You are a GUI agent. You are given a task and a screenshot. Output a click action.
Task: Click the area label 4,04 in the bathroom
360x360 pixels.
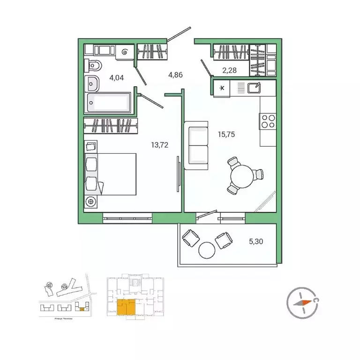point(116,78)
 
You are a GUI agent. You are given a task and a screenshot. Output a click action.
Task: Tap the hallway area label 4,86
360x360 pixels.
point(177,74)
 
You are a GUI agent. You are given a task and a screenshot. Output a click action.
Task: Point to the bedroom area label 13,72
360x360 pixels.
point(160,145)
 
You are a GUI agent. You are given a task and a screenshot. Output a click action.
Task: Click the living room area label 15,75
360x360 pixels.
point(226,134)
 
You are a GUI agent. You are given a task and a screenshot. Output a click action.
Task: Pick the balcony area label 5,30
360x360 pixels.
point(256,242)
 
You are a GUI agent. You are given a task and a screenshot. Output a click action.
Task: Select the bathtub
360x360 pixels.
point(109,103)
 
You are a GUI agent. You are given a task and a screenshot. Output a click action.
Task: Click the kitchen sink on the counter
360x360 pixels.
point(254,87)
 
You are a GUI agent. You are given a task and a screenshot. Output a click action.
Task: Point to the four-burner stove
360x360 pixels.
point(268,121)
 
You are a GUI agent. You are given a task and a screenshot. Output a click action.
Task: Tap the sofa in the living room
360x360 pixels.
point(196,145)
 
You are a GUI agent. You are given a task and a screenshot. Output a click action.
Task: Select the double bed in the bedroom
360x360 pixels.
point(112,173)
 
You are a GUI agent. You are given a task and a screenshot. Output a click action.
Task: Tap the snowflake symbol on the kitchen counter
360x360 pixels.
point(222,88)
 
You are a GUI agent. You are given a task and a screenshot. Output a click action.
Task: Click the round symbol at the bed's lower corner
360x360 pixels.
point(91,202)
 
